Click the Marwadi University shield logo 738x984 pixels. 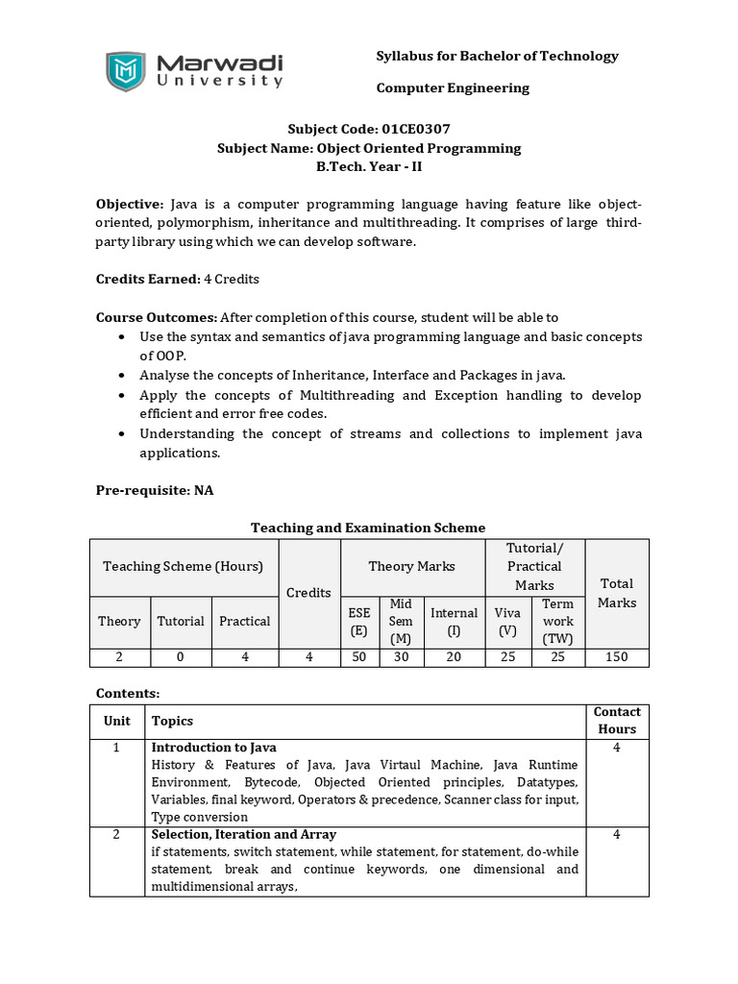click(x=126, y=72)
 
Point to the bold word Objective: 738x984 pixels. click(x=130, y=204)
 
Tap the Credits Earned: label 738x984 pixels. click(x=147, y=279)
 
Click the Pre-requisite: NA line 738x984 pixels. click(x=155, y=490)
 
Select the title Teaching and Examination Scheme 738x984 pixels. click(x=368, y=528)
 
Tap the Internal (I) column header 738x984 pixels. click(x=454, y=621)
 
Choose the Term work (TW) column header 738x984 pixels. click(x=557, y=621)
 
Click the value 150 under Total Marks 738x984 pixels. click(x=616, y=657)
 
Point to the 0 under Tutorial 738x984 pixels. click(x=181, y=657)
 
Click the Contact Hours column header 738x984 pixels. click(x=617, y=721)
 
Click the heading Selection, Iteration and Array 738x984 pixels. click(x=244, y=834)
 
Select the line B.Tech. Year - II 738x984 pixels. click(x=369, y=166)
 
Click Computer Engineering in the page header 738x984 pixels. click(x=453, y=88)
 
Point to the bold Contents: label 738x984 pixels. click(x=128, y=693)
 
